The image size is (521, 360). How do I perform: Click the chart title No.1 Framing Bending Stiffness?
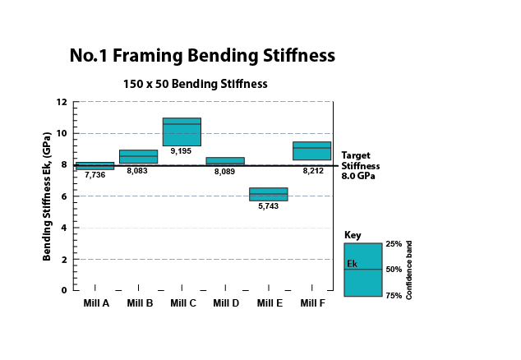pos(202,56)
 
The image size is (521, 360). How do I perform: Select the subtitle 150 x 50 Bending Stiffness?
pos(195,84)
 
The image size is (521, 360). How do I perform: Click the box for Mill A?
pos(95,166)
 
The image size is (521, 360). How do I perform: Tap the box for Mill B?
pos(138,157)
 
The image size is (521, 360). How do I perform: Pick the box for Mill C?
pos(182,132)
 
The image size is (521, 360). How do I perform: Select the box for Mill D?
pos(224,161)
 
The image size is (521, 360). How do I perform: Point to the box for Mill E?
pos(269,194)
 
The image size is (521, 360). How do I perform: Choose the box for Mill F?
pos(311,151)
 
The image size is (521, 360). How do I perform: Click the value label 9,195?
pos(182,151)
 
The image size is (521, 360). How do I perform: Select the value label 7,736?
pos(95,175)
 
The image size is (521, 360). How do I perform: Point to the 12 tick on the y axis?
pos(62,102)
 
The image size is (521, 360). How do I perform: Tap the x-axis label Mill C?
pos(182,303)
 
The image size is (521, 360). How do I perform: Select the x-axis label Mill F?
pos(311,303)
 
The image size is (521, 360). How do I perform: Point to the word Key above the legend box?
pos(353,235)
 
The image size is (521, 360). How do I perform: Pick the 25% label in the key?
pos(393,244)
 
